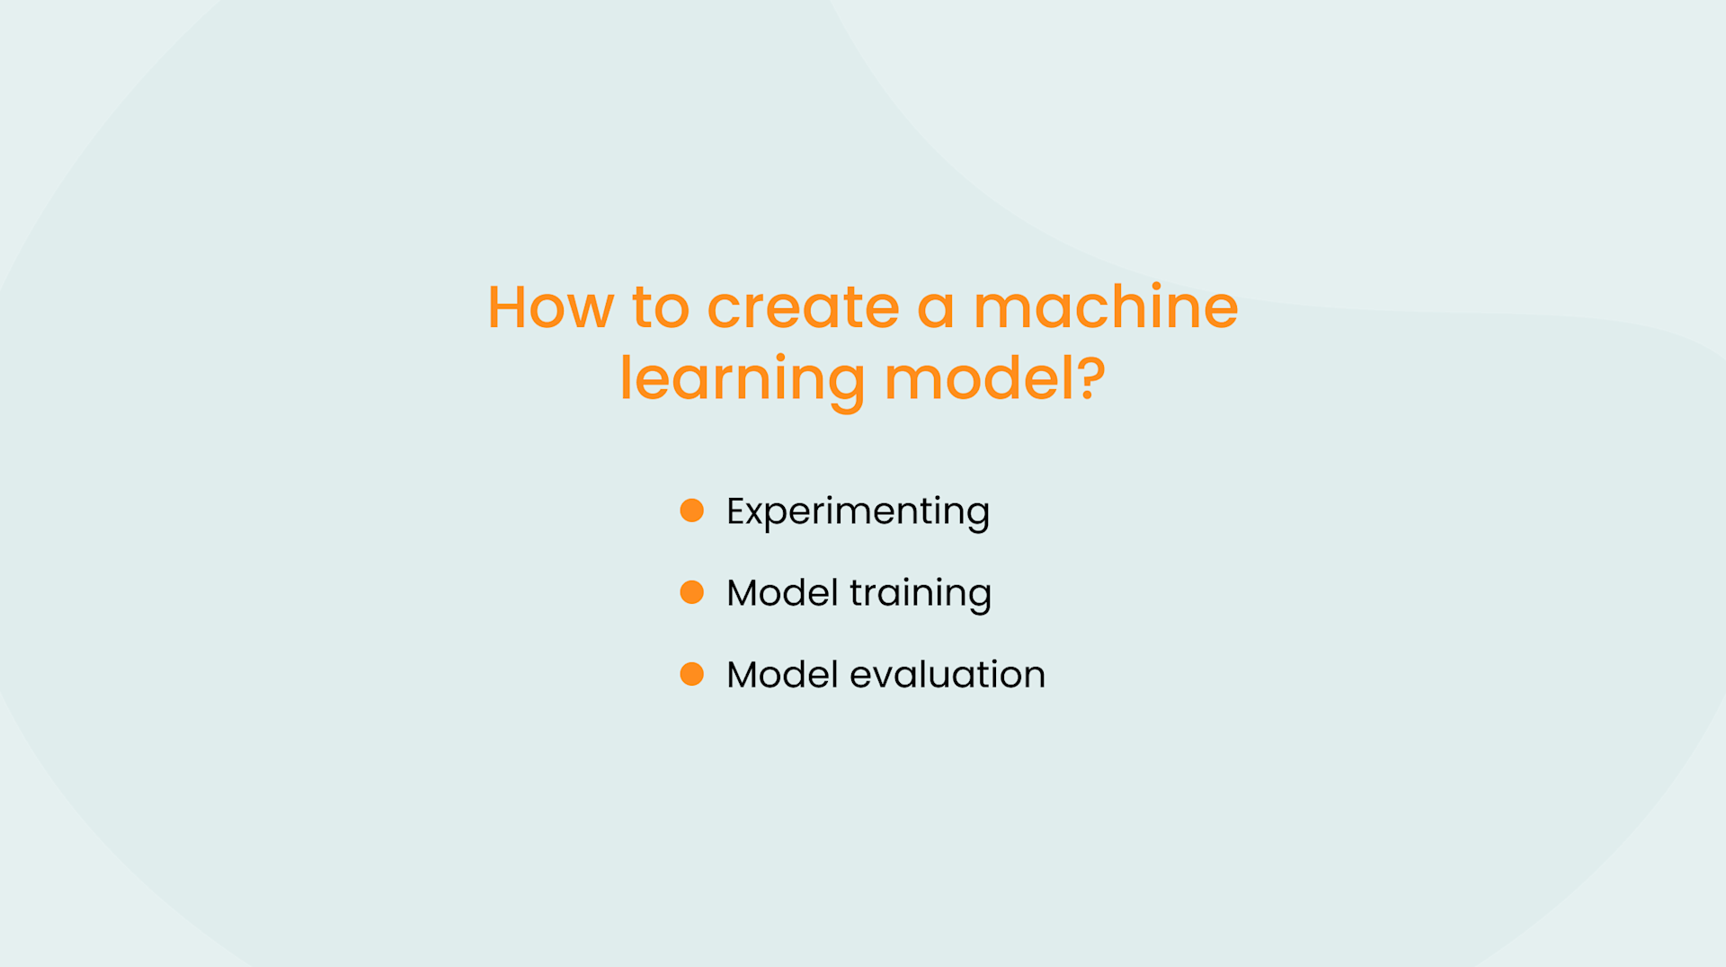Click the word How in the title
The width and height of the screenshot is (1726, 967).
pos(550,307)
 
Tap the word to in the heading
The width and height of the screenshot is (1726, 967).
pos(661,307)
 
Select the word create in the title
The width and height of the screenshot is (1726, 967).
pos(803,307)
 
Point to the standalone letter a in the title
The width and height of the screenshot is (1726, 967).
pos(935,309)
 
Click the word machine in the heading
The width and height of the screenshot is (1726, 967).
pos(1106,307)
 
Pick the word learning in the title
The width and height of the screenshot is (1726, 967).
pos(743,379)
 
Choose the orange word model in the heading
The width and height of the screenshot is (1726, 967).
pos(980,379)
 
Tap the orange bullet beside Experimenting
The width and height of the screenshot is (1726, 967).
pos(692,510)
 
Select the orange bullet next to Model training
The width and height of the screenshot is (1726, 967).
pos(692,592)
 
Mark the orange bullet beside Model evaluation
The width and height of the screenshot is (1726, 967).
pos(692,674)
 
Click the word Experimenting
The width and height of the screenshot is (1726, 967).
pos(858,511)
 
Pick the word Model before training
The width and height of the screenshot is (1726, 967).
pos(782,593)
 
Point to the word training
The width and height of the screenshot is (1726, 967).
pos(921,594)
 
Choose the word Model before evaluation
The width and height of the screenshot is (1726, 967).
pos(782,675)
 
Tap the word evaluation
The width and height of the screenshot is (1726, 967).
pos(948,675)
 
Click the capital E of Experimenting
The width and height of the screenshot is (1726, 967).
pos(736,510)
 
